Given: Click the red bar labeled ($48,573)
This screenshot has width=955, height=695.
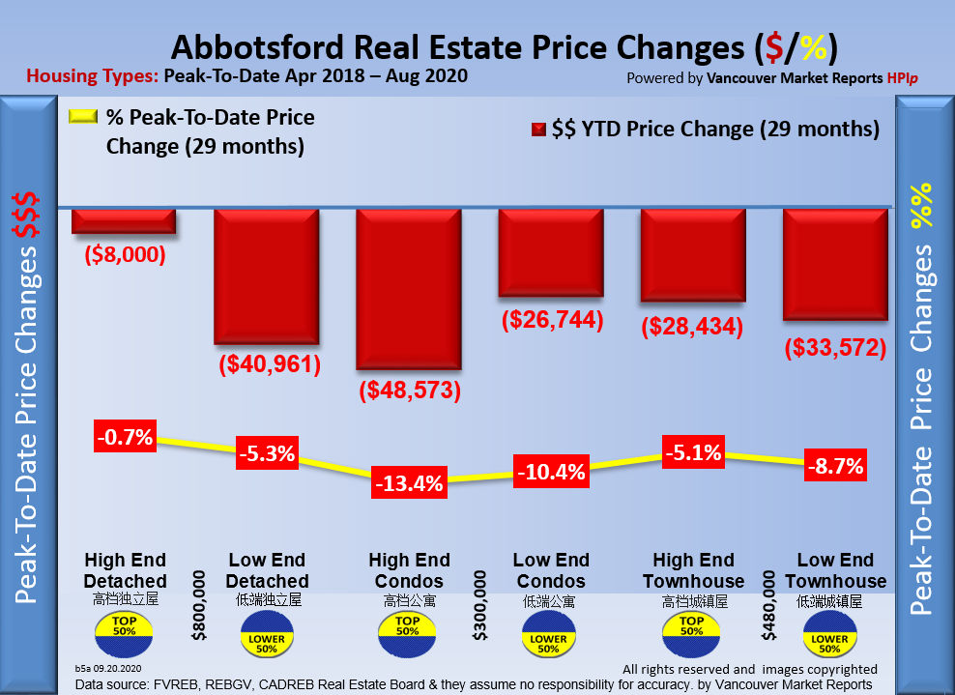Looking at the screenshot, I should [409, 289].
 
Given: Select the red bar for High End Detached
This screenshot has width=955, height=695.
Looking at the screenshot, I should [124, 221].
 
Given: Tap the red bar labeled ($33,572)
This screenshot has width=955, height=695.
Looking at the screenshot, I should [835, 264].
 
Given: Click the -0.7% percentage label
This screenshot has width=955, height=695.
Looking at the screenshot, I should [125, 437].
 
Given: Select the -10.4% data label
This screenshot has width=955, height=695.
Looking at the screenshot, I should [551, 472].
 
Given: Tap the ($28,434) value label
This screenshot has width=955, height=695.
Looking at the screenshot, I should [692, 327].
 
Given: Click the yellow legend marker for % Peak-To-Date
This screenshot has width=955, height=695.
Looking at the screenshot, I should [85, 117].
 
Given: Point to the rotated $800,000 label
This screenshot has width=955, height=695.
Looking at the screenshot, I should [199, 605].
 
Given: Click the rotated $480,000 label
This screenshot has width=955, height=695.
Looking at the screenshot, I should [769, 605].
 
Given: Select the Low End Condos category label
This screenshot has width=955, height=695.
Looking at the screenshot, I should [550, 570].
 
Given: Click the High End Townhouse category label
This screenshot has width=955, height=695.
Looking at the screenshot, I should [692, 570].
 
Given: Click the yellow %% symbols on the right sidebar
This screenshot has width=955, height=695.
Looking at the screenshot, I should [924, 205].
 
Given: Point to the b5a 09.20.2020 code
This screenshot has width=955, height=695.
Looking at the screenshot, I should [108, 668].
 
